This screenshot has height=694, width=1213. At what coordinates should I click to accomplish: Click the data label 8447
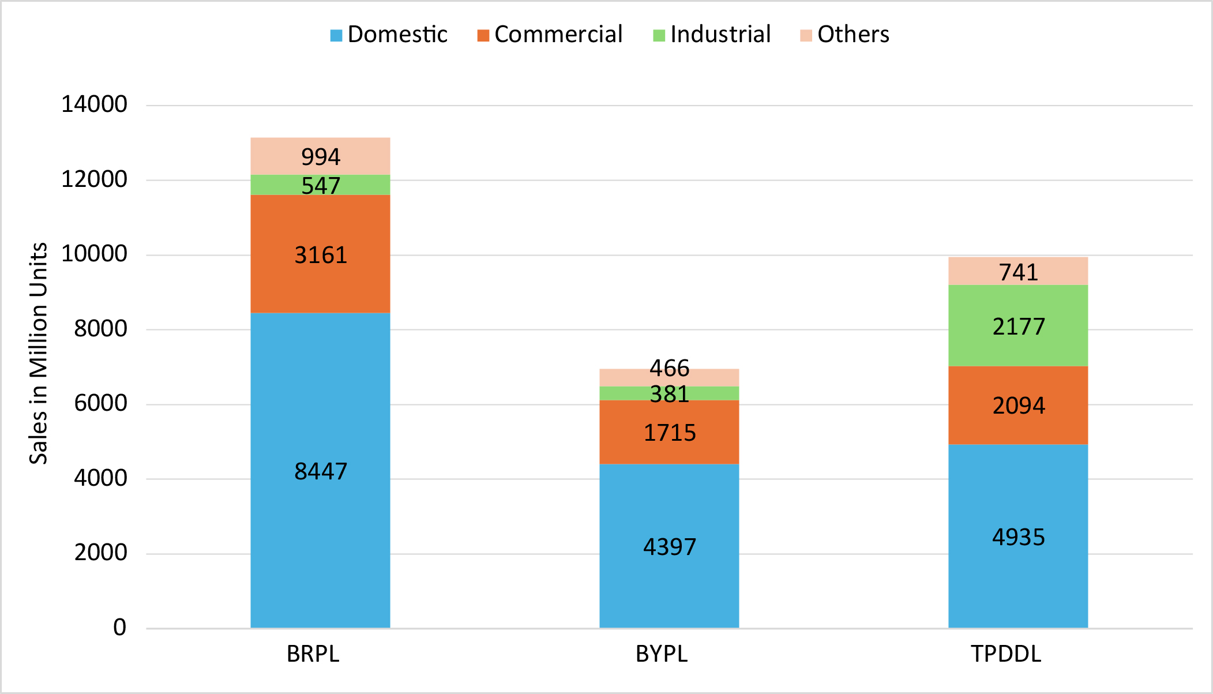(x=321, y=471)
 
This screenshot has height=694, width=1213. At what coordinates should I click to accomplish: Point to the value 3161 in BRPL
(x=321, y=255)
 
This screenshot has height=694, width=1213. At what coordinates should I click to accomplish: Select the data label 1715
(x=670, y=433)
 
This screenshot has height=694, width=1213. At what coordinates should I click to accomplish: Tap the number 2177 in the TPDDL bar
(x=1019, y=327)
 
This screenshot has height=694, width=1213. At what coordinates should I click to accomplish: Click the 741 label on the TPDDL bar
(x=1019, y=272)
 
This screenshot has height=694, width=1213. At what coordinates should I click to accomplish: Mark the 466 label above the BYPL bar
(x=670, y=368)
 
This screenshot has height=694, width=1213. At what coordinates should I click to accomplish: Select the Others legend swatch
(x=806, y=36)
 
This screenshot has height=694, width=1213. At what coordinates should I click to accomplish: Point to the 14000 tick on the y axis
(x=94, y=104)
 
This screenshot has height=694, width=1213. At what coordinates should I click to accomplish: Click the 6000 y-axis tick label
(x=100, y=403)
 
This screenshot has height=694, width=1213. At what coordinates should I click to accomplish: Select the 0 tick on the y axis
(x=119, y=627)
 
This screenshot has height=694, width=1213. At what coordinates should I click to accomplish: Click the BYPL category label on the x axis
(x=662, y=654)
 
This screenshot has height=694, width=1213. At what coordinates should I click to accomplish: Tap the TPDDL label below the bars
(x=1006, y=654)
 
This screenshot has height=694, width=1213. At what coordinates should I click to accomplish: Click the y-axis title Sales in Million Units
(x=39, y=353)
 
